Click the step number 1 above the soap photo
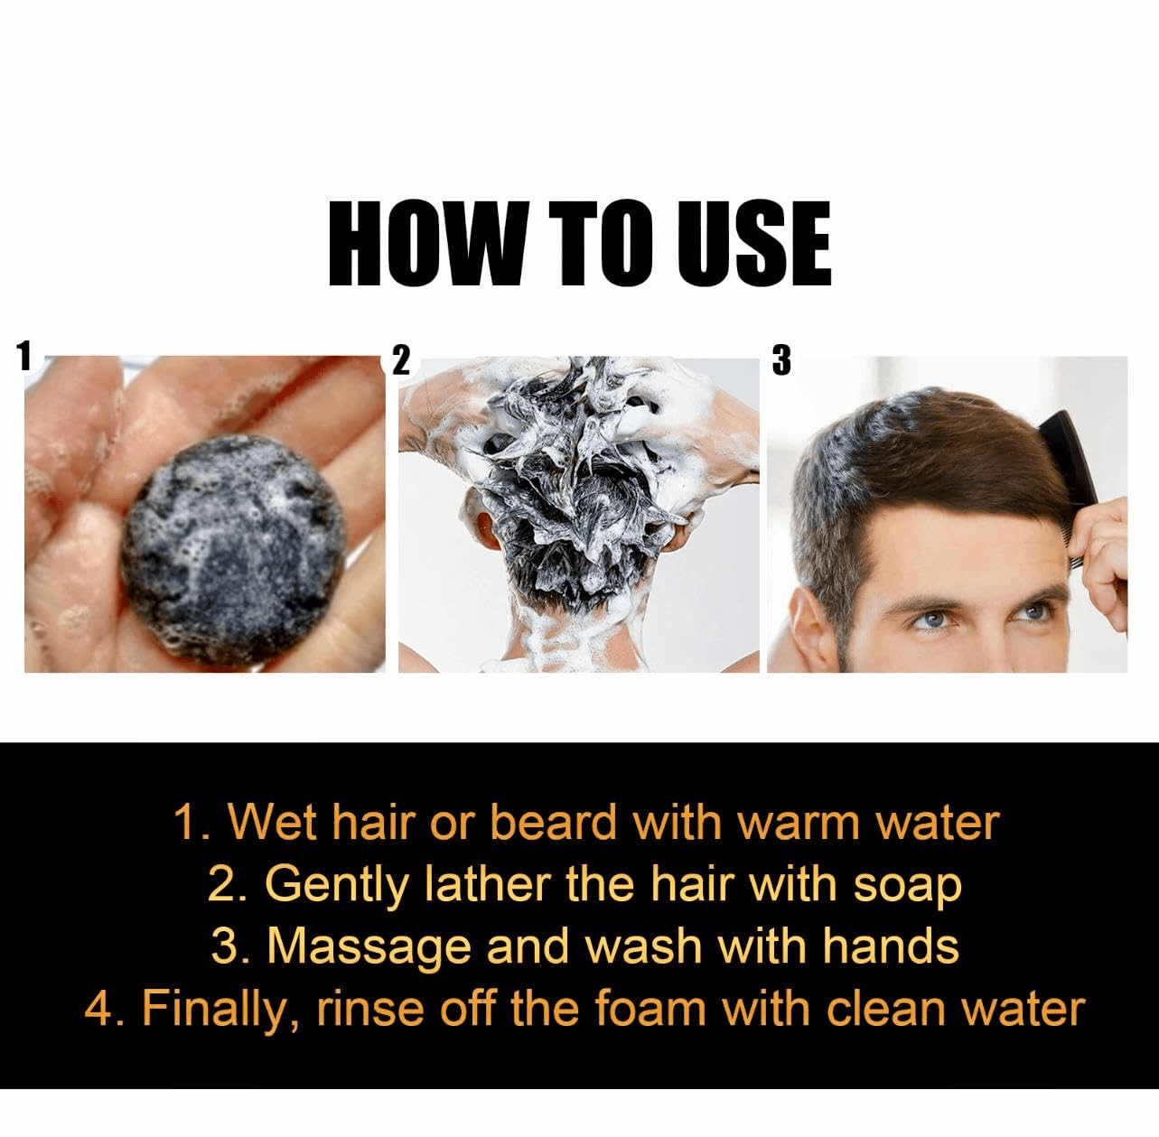pyautogui.click(x=23, y=358)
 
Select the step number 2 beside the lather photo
pyautogui.click(x=401, y=361)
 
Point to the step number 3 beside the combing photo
pyautogui.click(x=780, y=361)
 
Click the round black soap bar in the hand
pyautogui.click(x=233, y=552)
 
